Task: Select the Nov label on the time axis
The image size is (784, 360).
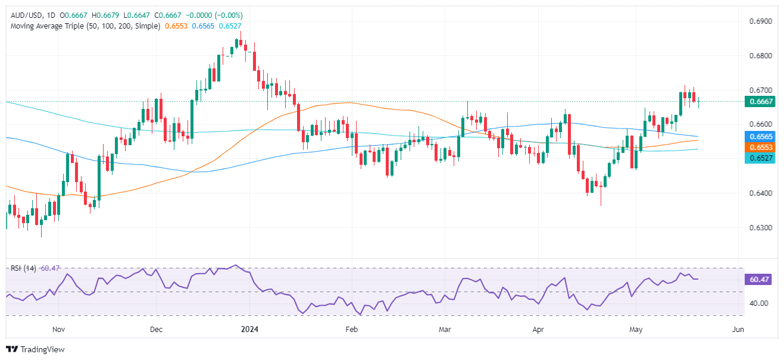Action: coord(58,329)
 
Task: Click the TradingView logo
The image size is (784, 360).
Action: coord(35,349)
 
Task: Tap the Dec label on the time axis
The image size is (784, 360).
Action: coord(155,329)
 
